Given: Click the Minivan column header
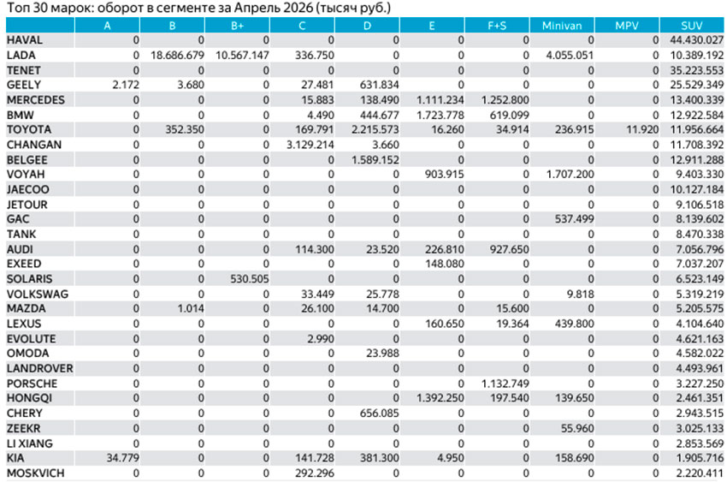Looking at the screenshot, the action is click(x=561, y=26).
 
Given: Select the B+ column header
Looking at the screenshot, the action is click(x=237, y=26).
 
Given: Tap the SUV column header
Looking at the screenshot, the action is click(x=692, y=26).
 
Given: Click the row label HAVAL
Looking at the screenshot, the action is click(x=25, y=40).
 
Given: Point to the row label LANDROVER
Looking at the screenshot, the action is click(x=40, y=369).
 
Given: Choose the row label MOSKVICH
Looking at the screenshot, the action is click(x=36, y=473).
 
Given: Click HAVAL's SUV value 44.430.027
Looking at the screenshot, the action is click(x=696, y=40).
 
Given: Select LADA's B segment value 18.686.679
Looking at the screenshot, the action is click(x=177, y=55).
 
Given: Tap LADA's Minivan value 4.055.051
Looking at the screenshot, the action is click(x=570, y=55).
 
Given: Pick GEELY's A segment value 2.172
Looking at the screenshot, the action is click(x=126, y=85).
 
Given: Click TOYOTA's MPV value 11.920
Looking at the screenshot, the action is click(x=642, y=129).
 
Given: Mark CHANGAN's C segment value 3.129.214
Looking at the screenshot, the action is click(x=310, y=145).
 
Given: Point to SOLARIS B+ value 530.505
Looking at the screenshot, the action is click(x=250, y=279).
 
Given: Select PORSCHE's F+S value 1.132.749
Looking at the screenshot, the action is click(x=505, y=384).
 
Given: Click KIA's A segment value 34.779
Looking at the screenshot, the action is click(x=123, y=458).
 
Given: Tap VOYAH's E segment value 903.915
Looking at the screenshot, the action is click(x=444, y=175).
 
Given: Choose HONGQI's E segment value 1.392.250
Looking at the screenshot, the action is click(x=440, y=398).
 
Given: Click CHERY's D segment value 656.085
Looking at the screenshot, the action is click(x=379, y=414).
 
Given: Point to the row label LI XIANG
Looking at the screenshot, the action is click(x=30, y=443).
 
